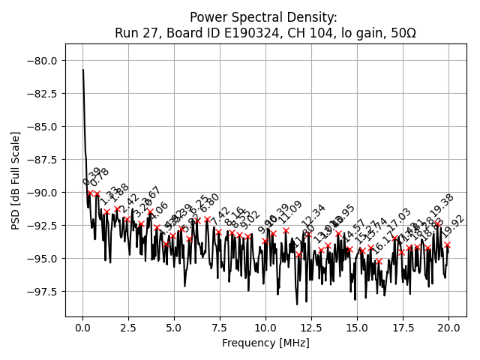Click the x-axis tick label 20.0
coord(448,328)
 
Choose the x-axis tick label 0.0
coord(83,328)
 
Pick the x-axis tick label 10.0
coord(265,328)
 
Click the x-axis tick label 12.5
coord(311,328)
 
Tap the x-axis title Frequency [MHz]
coord(265,343)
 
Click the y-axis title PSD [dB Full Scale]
coord(16,180)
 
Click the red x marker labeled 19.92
coord(447,244)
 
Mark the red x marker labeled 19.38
coord(437,223)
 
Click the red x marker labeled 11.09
coord(286,230)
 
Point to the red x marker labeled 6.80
coord(207,220)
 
